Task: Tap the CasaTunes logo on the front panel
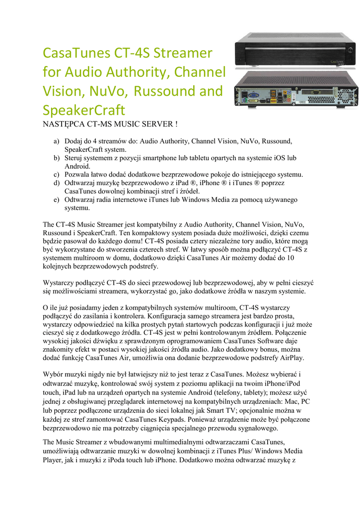click(x=338, y=62)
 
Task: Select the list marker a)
click(x=57, y=141)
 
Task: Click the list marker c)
click(x=57, y=175)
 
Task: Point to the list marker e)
click(x=57, y=200)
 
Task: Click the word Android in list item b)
click(x=77, y=167)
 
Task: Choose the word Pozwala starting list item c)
click(x=78, y=175)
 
